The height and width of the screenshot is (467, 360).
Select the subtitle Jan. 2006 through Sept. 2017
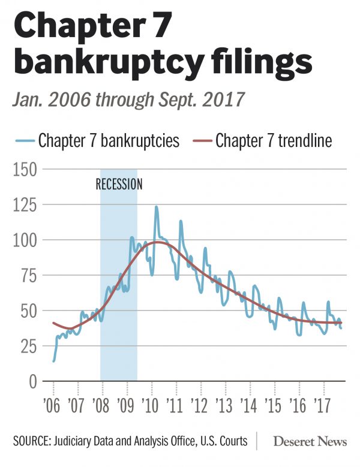point(128,98)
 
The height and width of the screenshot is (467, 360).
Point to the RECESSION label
point(119,184)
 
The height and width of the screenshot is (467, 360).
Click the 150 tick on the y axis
point(25,170)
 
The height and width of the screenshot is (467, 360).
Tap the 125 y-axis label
point(25,206)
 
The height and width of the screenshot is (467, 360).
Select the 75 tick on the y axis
point(28,276)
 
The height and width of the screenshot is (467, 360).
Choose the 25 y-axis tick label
point(28,347)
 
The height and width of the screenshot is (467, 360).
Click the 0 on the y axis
point(32,382)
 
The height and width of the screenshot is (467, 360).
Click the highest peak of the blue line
point(157,207)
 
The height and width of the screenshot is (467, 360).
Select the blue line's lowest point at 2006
point(53,361)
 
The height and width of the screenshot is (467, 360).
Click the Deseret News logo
point(310,442)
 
